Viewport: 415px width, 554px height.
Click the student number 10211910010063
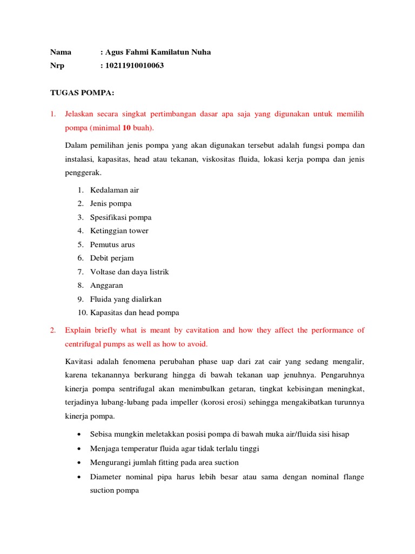pos(135,66)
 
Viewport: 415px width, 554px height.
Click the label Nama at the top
pos(61,52)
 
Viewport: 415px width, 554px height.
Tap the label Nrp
pos(58,66)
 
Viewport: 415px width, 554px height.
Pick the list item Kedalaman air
pos(115,190)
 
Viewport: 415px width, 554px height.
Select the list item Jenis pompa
pos(111,203)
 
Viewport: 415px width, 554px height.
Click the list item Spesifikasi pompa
pos(121,217)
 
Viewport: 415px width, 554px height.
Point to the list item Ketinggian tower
pos(119,230)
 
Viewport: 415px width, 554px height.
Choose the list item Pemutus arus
pos(112,245)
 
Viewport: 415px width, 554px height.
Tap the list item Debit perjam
pos(112,258)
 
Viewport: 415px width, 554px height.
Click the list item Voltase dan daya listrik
pos(130,272)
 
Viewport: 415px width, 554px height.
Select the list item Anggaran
pos(106,285)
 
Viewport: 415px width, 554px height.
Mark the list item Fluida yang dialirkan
pos(126,299)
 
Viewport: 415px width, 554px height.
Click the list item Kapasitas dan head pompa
pos(135,313)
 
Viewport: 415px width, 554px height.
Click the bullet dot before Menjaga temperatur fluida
pos(80,449)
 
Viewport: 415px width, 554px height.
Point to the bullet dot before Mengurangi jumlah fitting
pos(80,463)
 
